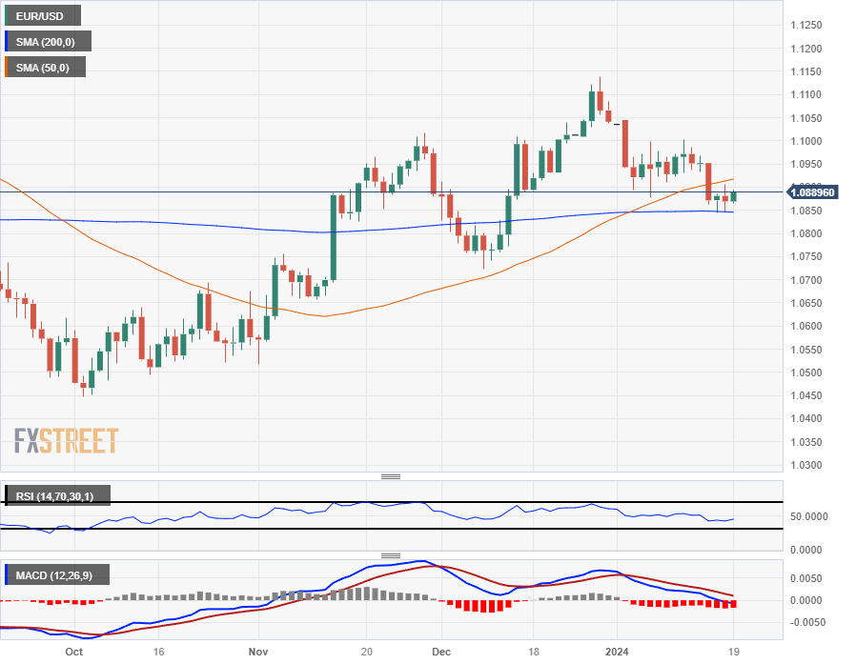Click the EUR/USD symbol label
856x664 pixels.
41,15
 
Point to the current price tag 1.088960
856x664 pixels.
812,192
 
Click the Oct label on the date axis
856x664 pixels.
72,653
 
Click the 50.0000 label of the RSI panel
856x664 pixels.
809,515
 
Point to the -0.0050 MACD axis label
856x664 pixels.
809,622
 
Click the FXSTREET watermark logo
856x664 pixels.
66,441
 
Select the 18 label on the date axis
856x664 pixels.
534,653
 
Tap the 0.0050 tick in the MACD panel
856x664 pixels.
809,578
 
